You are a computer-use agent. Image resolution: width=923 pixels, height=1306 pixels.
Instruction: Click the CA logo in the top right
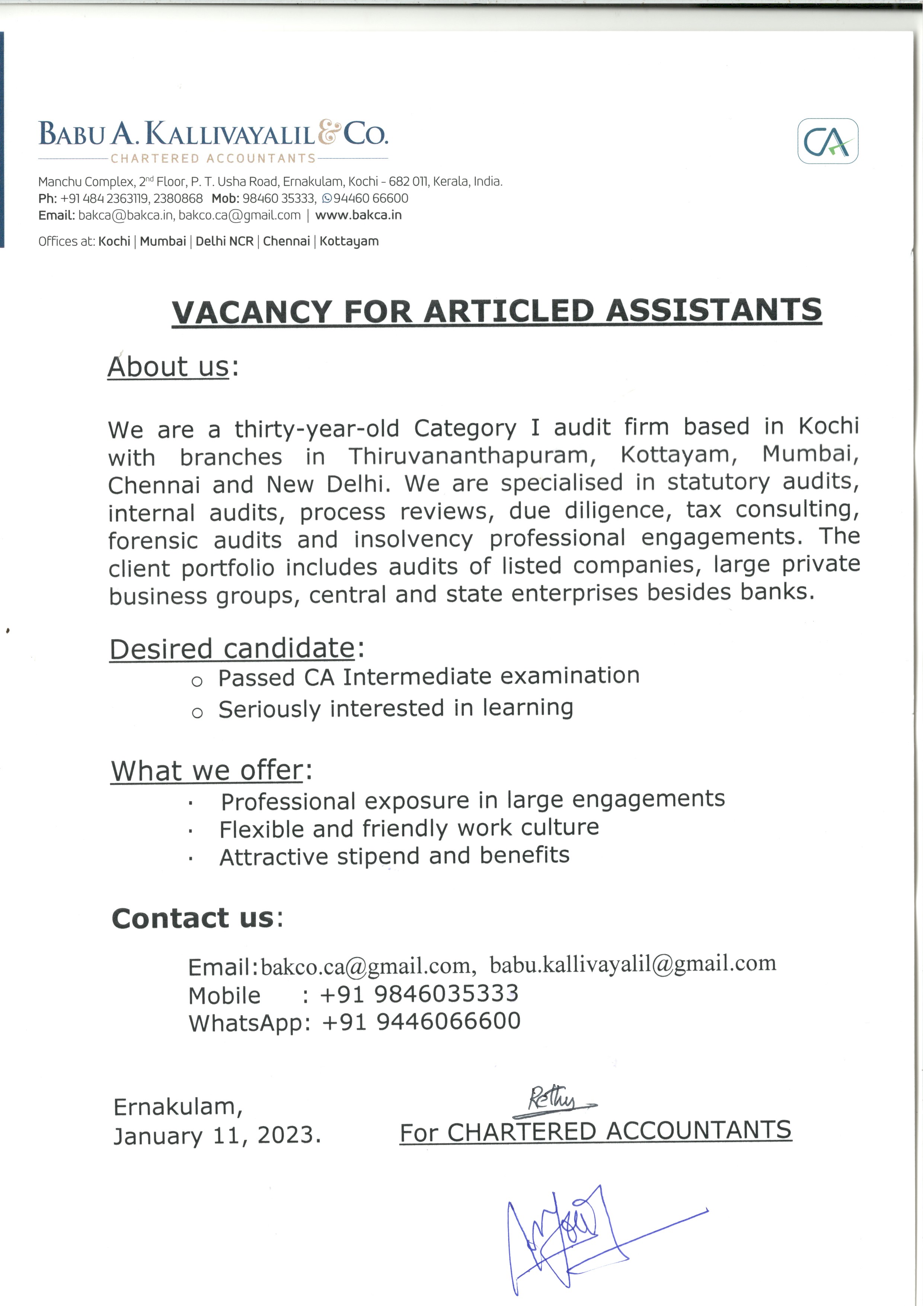coord(827,141)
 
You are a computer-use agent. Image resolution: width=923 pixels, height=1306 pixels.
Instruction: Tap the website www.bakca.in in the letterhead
coord(358,215)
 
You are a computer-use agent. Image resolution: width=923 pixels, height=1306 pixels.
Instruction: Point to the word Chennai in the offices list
coord(286,241)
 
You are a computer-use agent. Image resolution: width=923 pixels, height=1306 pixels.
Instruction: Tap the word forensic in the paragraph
coord(153,540)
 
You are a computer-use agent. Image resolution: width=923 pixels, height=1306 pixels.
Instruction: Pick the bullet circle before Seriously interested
coord(197,713)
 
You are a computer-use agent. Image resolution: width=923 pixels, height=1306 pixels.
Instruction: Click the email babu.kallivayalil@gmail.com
coord(632,963)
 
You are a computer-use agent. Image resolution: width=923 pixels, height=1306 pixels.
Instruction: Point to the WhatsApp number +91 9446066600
coord(421,1021)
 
